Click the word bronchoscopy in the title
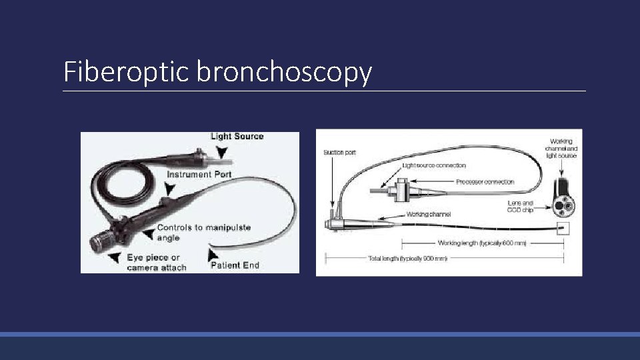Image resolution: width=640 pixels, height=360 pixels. coord(284,72)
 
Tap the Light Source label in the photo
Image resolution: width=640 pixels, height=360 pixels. coord(237,137)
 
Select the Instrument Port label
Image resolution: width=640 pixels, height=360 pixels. coord(200,175)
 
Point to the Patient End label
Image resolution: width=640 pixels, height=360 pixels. coord(235,265)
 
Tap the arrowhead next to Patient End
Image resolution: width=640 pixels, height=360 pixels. coord(213,253)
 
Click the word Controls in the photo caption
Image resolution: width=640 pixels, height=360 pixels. coord(175,228)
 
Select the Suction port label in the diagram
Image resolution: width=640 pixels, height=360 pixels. coord(339,153)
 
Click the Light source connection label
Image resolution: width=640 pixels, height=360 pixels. coord(434,165)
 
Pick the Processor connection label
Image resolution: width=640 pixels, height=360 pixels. coord(485,181)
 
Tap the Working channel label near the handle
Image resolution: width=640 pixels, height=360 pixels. coord(429,215)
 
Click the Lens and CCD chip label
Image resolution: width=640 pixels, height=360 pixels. coord(520,206)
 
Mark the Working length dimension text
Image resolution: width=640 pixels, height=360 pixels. coord(482,243)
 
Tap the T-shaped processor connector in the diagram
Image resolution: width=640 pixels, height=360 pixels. coord(402,191)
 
